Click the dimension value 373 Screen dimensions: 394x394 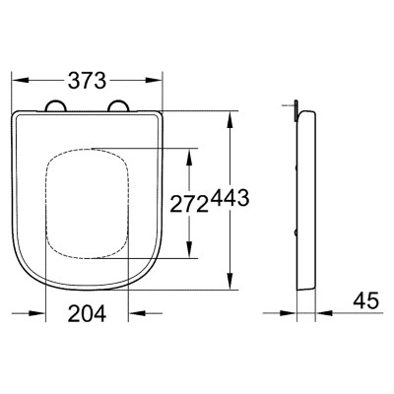coord(87,81)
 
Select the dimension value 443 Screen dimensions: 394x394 coord(230,198)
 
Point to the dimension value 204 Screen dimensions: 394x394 coord(87,313)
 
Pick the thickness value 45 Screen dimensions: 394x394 coord(366,300)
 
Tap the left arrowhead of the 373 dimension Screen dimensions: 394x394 coord(21,81)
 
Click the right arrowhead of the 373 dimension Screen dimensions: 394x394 coord(154,81)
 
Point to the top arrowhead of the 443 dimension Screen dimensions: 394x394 coord(230,120)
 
